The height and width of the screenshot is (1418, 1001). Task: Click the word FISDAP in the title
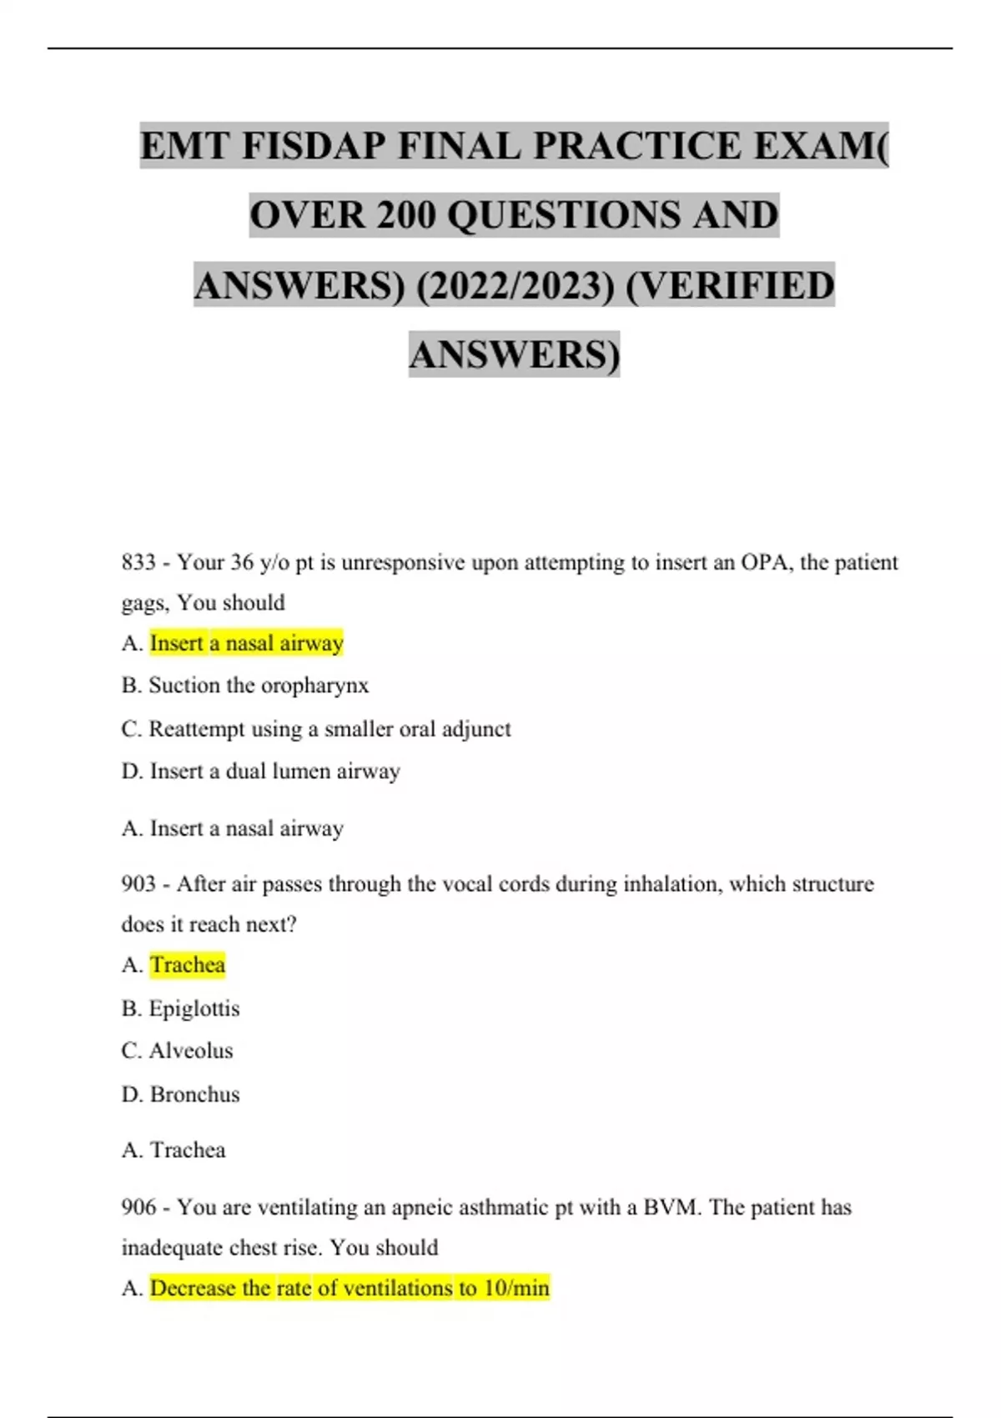click(314, 147)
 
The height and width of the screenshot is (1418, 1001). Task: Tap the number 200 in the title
click(407, 216)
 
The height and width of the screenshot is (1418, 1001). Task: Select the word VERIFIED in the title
click(730, 286)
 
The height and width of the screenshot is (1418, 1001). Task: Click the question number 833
click(138, 563)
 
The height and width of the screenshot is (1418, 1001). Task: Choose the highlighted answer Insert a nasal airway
click(246, 643)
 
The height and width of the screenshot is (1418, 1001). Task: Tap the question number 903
click(138, 884)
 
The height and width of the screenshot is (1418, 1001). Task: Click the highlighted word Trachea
click(188, 965)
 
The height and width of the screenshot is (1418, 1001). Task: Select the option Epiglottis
click(194, 1008)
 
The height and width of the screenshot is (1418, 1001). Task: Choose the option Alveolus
click(191, 1051)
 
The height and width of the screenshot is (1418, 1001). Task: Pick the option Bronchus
click(194, 1094)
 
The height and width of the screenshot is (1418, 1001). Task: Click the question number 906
click(138, 1207)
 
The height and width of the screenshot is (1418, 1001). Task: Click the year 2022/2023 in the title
click(515, 286)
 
